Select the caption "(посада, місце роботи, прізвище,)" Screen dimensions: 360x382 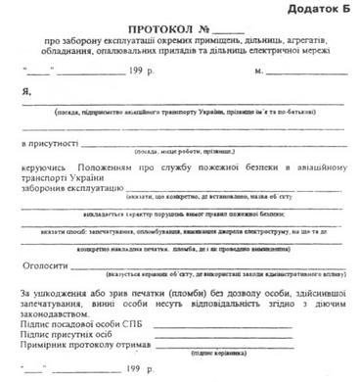pos(186,153)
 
